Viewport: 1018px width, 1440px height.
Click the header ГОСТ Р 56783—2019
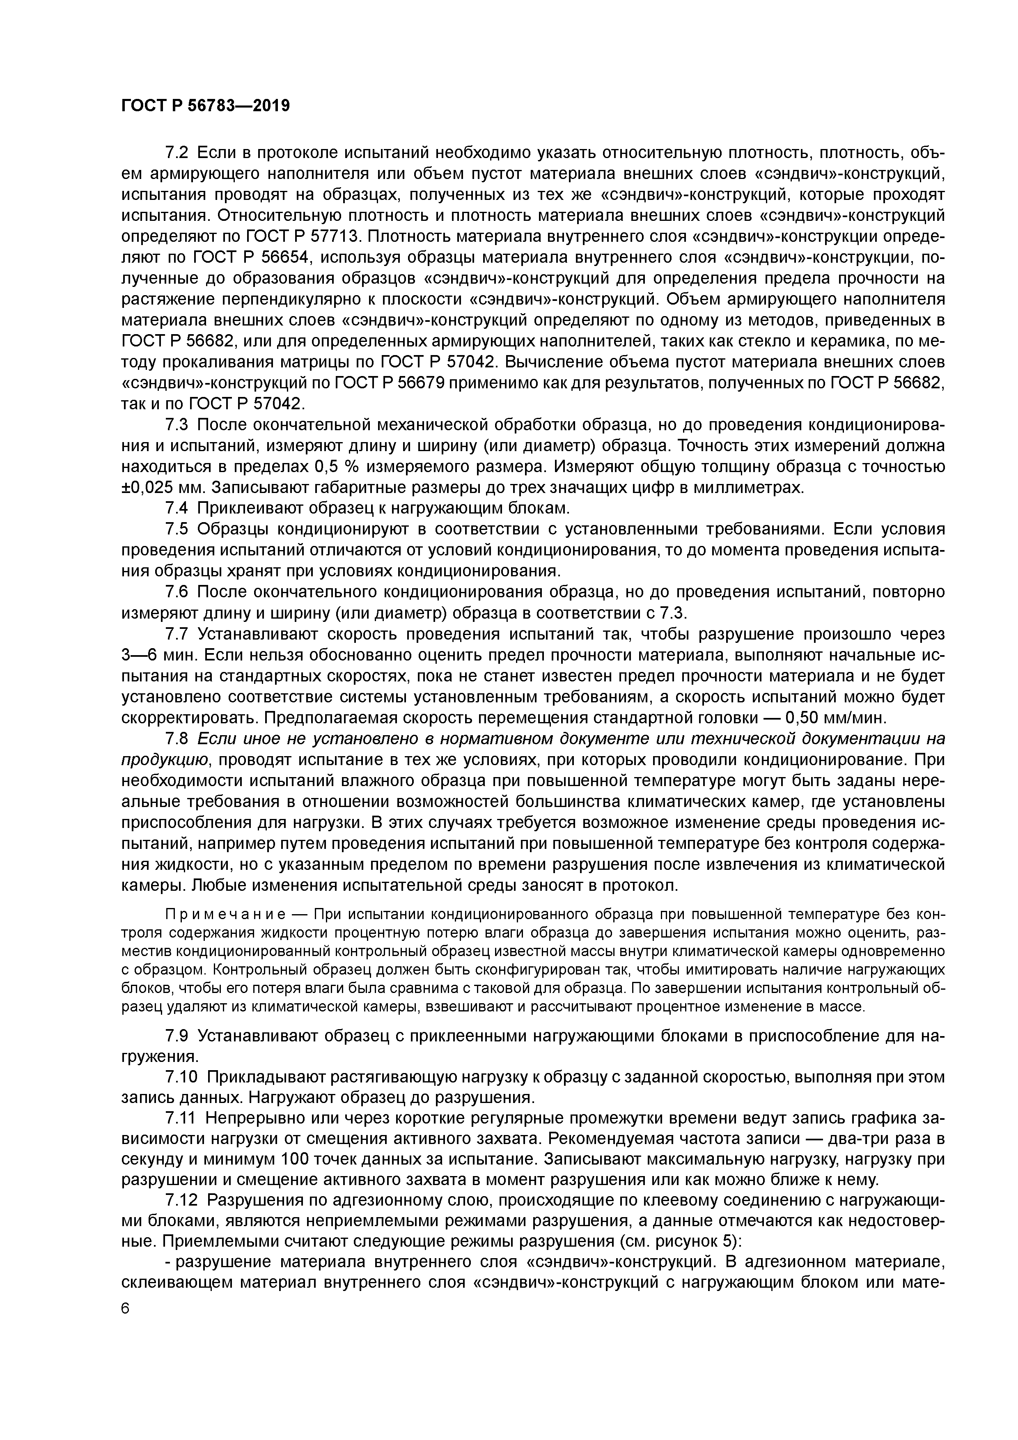[205, 106]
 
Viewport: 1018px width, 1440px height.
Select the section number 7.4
[176, 508]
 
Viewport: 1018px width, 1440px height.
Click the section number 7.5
[176, 530]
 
